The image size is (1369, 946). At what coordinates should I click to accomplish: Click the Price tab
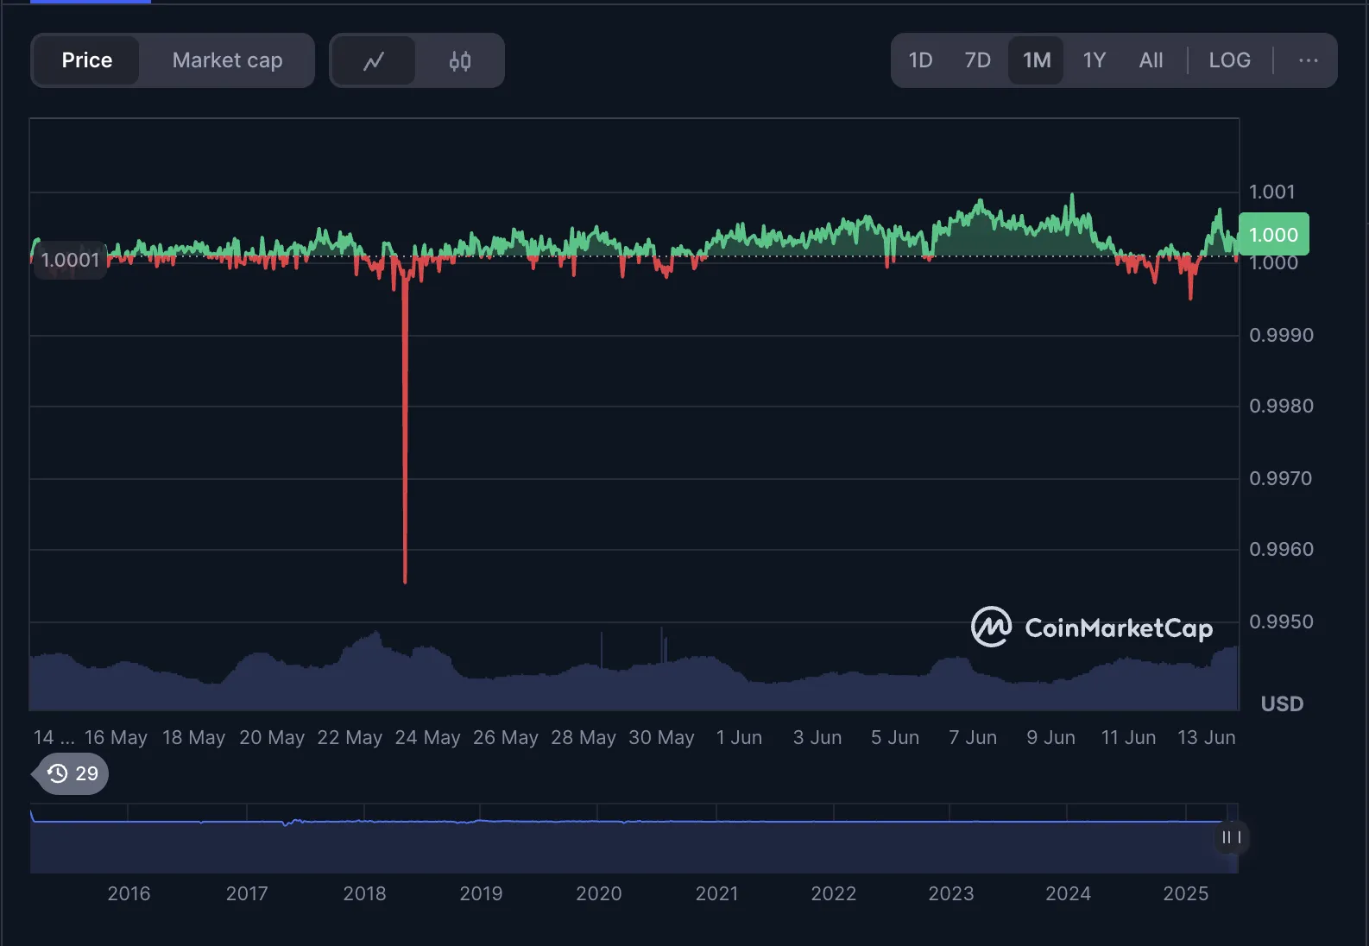point(86,60)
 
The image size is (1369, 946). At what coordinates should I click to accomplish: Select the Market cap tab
point(227,60)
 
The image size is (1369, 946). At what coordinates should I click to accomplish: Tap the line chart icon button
point(374,61)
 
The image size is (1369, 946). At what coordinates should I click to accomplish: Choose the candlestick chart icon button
point(460,61)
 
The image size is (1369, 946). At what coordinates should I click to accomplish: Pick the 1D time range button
point(920,60)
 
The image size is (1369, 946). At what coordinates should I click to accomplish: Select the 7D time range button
point(977,60)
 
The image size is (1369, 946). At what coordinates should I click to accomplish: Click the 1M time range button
point(1037,60)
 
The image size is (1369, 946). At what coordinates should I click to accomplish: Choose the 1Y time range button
point(1094,60)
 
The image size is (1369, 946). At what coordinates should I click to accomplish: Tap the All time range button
point(1151,60)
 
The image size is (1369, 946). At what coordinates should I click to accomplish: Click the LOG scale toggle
point(1229,60)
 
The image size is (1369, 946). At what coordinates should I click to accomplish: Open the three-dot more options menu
point(1308,60)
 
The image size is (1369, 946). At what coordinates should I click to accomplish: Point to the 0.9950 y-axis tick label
point(1281,621)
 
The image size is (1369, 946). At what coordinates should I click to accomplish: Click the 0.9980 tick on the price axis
point(1281,406)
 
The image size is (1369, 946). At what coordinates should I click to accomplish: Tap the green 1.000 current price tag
point(1273,235)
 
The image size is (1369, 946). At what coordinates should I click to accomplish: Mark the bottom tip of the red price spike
point(405,582)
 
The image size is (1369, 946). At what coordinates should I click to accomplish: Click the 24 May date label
point(427,738)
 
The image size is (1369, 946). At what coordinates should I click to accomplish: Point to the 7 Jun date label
point(973,738)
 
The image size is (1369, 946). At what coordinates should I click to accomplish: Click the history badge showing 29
point(73,773)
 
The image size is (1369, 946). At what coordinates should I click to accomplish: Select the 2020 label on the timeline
point(598,894)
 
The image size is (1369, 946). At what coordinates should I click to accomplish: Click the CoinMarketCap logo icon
point(991,628)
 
